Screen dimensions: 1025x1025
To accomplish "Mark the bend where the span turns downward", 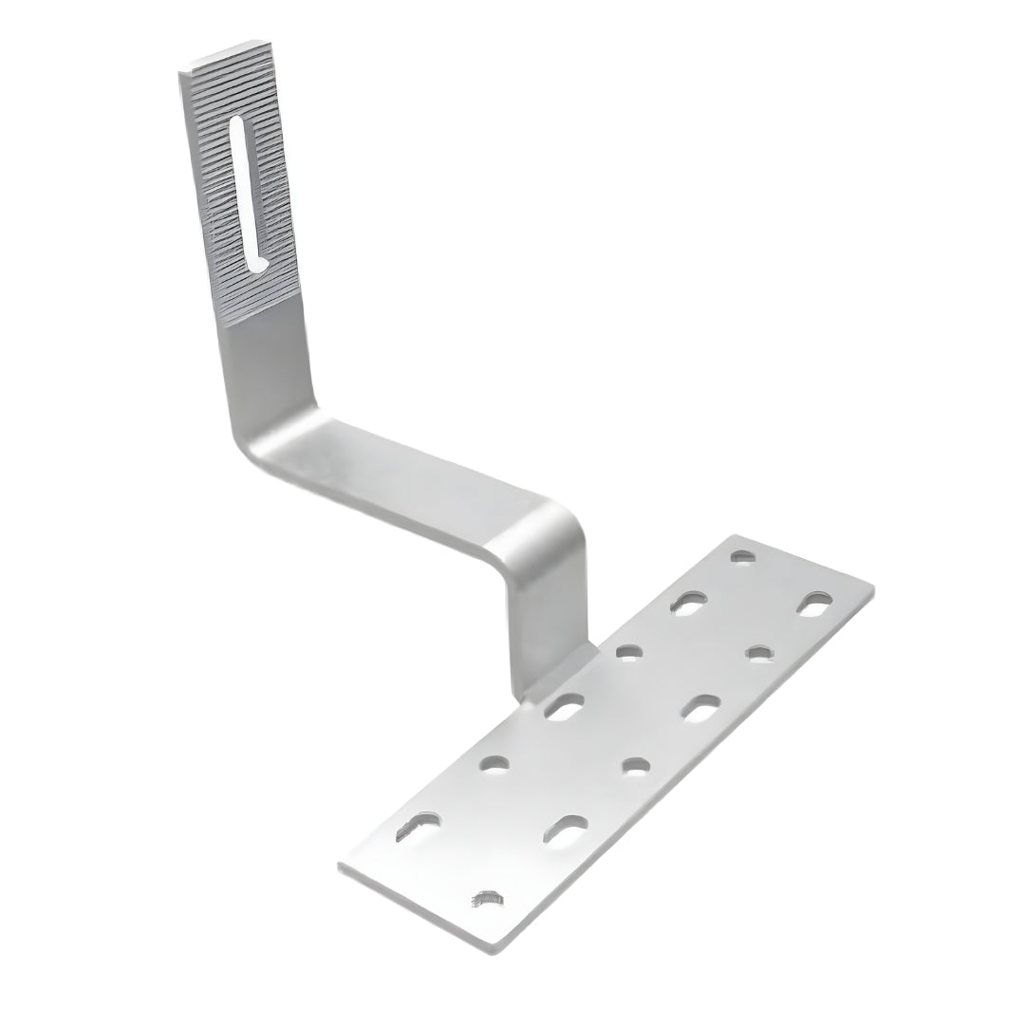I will pos(550,531).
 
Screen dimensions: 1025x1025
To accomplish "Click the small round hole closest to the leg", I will pos(628,651).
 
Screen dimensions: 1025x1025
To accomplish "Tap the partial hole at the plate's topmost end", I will pos(743,556).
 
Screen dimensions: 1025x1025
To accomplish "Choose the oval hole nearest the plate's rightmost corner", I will pos(814,604).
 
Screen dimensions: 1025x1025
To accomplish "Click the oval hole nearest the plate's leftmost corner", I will pos(417,827).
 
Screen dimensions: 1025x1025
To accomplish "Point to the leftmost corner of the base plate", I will pos(340,866).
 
